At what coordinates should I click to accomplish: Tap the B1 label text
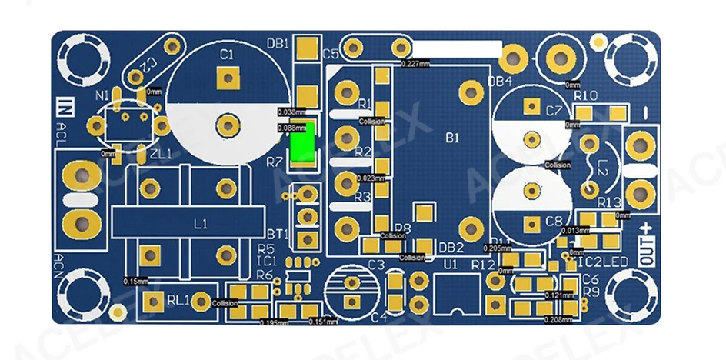point(452,138)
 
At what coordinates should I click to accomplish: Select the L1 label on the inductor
point(200,225)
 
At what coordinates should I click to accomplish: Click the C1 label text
point(226,55)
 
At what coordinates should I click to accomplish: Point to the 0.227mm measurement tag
point(416,64)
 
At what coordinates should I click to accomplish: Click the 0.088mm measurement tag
point(291,128)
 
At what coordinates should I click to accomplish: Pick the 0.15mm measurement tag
point(135,282)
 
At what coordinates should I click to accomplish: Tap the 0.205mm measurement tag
point(497,248)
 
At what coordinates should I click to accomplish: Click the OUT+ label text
point(646,245)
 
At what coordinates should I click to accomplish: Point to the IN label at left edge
point(67,108)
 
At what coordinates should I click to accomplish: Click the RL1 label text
point(178,301)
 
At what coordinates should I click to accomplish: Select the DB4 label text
point(499,81)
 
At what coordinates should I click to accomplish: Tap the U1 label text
point(451,264)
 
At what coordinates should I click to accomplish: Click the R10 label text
point(586,95)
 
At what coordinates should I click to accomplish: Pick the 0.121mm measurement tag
point(559,295)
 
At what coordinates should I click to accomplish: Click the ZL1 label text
point(161,154)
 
